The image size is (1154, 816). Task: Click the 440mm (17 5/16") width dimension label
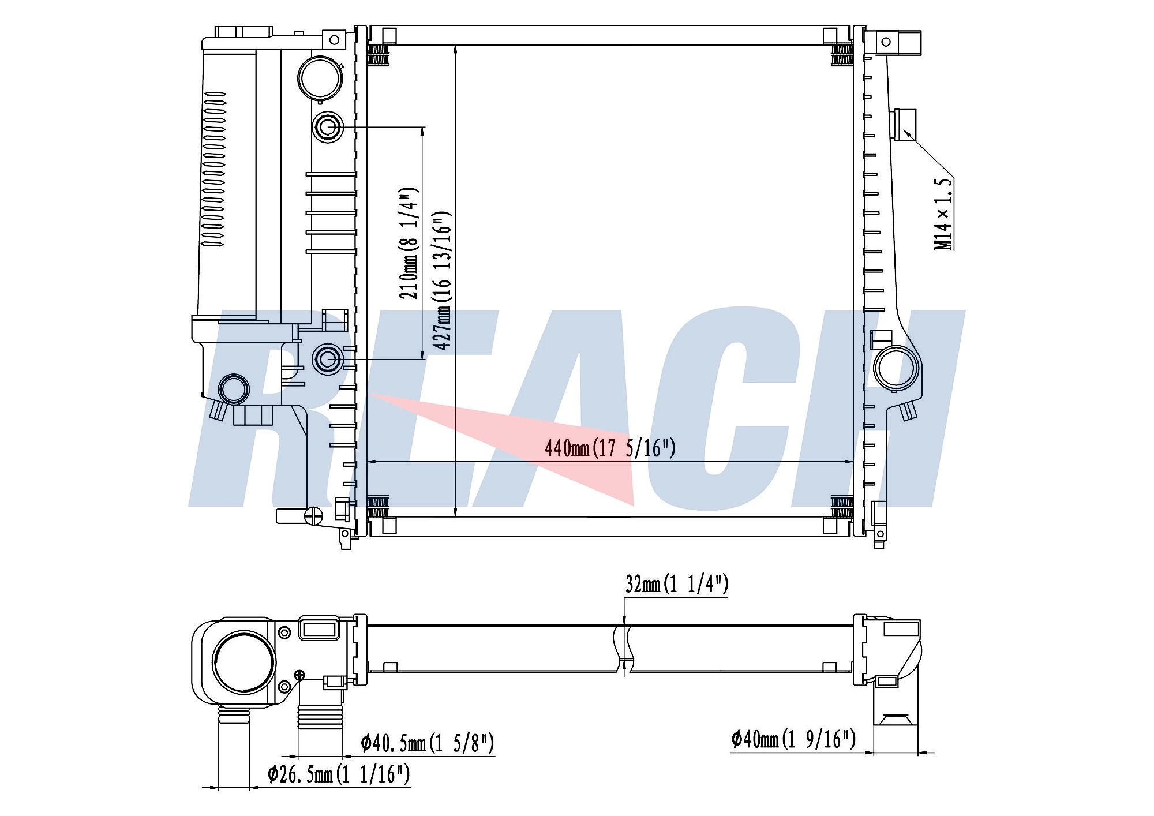pyautogui.click(x=610, y=448)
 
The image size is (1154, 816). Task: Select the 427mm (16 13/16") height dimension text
pyautogui.click(x=443, y=280)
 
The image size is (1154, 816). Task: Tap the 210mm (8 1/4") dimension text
pyautogui.click(x=409, y=243)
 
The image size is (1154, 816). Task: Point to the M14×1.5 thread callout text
pyautogui.click(x=943, y=214)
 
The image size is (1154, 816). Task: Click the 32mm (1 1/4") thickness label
pyautogui.click(x=677, y=584)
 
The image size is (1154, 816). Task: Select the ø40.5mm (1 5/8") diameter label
pyautogui.click(x=428, y=743)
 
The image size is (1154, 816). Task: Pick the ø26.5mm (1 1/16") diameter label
pyautogui.click(x=339, y=774)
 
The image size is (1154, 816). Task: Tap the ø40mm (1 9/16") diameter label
pyautogui.click(x=793, y=739)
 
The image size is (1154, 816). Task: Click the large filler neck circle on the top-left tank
pyautogui.click(x=320, y=78)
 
